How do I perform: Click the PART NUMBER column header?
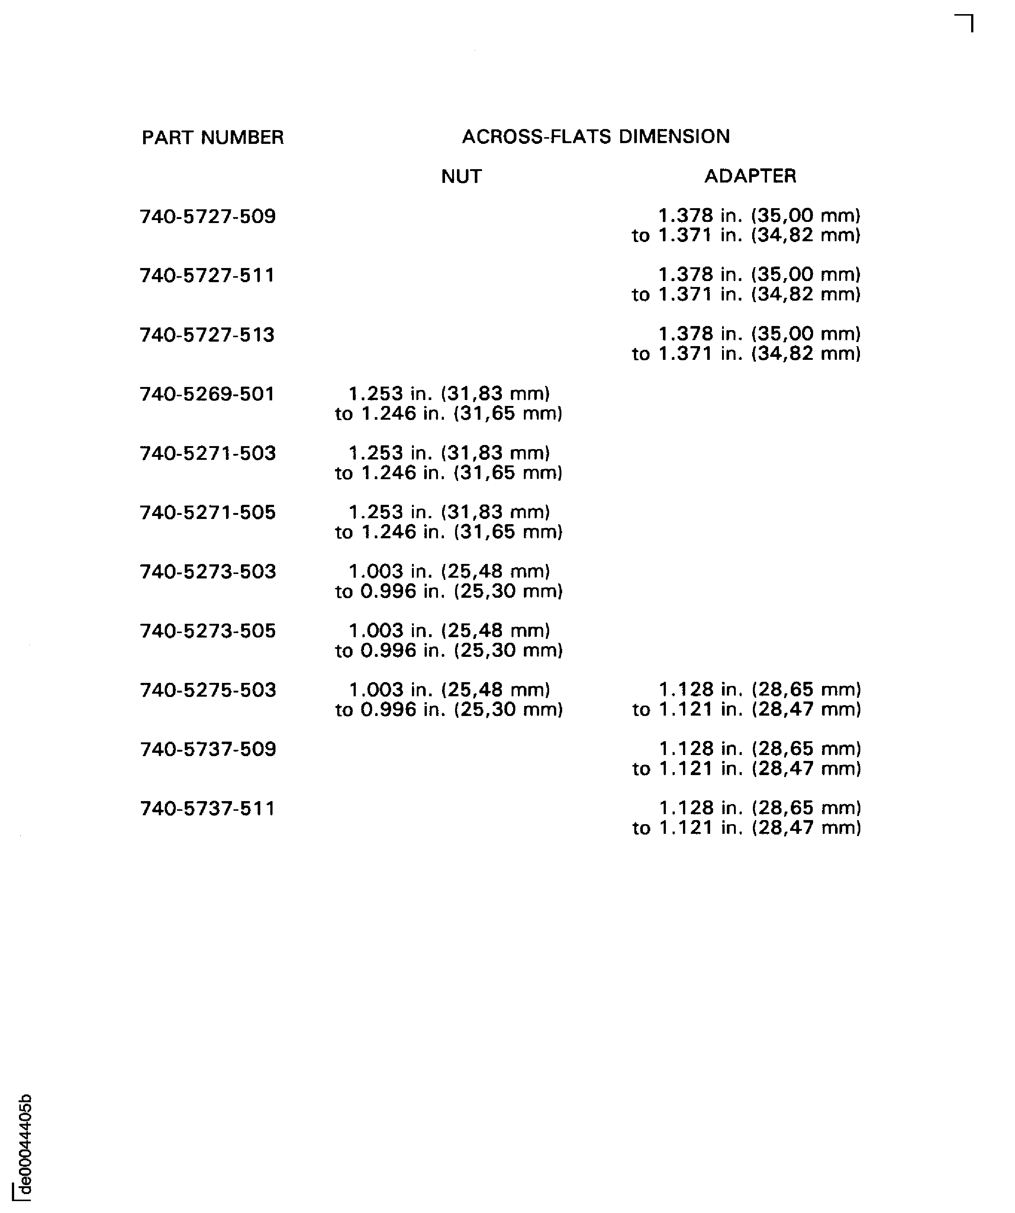click(213, 138)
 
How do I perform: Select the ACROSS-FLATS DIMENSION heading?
click(596, 136)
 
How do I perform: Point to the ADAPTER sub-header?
click(750, 175)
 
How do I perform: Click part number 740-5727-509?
click(208, 217)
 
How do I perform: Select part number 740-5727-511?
click(207, 275)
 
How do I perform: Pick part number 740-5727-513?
click(207, 335)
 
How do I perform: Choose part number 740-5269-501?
click(207, 394)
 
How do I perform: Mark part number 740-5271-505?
click(208, 512)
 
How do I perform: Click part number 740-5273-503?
click(208, 572)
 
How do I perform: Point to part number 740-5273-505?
click(208, 631)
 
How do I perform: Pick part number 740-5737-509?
click(208, 749)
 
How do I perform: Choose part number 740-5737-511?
click(208, 809)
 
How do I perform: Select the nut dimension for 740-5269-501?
click(449, 404)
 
